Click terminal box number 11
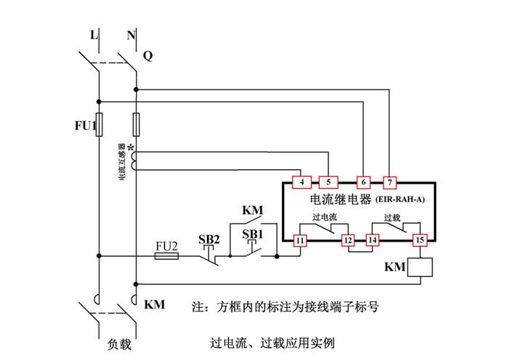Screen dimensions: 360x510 [300, 240]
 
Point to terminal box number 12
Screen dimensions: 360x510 [348, 240]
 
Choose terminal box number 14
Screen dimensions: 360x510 [373, 240]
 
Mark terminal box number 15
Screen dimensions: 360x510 [420, 240]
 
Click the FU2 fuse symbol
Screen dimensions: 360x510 [167, 255]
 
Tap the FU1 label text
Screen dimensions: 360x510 [84, 126]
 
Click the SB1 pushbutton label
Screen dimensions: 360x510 [252, 234]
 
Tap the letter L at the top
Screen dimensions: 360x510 [94, 34]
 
